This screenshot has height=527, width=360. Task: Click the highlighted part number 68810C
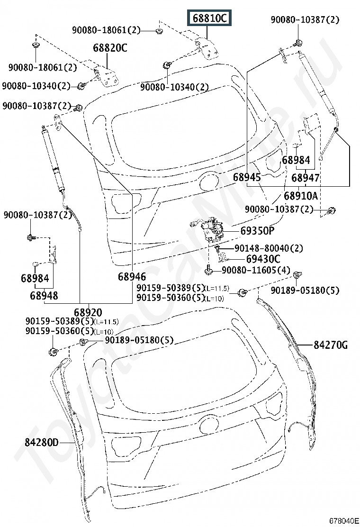pos(209,18)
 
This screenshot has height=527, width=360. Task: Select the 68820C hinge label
pos(110,48)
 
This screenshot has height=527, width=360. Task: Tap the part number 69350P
pos(257,231)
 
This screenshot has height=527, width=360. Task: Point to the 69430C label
pos(262,259)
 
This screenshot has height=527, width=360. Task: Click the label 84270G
pos(330,345)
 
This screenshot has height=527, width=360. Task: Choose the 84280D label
pos(42,443)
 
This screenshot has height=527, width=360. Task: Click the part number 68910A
pos(301,196)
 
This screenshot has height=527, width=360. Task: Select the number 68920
pos(88,312)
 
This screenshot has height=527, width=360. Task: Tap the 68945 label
pos(247,178)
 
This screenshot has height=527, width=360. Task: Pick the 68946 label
pos(132,277)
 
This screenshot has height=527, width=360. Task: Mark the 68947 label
pos(305,178)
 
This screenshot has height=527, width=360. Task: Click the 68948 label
pos(44,296)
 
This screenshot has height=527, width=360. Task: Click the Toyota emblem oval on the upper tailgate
pos(208,181)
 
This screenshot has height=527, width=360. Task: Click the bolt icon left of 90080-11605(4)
pos(209,271)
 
